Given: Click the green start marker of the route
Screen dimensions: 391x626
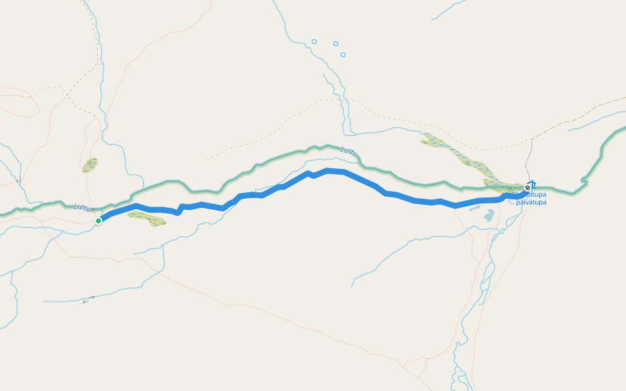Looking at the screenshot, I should [x=98, y=221].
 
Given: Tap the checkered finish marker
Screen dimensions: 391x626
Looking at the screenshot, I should [x=528, y=188].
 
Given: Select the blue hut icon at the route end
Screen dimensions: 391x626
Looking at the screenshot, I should [x=533, y=184].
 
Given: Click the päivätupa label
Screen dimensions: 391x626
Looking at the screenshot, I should [x=531, y=202].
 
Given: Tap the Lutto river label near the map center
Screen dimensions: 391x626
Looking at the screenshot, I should [x=349, y=151].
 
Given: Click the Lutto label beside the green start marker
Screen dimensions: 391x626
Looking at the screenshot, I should [x=83, y=208].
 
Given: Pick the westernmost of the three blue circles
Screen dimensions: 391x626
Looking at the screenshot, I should [x=314, y=42].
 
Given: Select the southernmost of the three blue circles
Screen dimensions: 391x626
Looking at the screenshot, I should [x=343, y=55].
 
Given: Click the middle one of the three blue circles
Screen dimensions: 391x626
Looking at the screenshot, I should [x=336, y=44].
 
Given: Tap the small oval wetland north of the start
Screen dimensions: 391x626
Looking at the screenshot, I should [x=90, y=165].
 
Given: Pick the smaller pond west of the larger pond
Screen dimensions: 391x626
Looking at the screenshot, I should [x=474, y=210].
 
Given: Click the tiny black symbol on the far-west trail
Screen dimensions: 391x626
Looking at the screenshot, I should [x=19, y=180].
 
